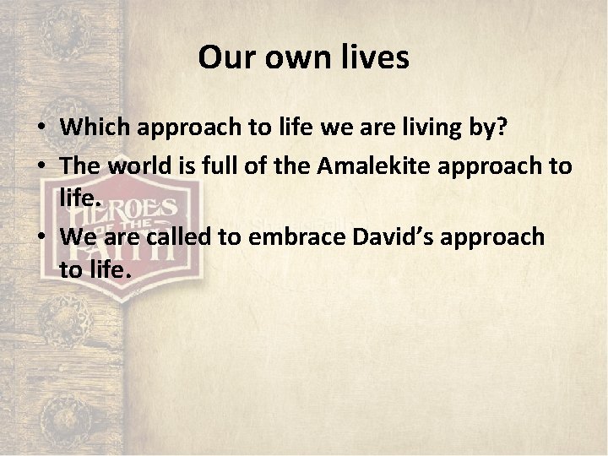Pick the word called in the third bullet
click(178, 236)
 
